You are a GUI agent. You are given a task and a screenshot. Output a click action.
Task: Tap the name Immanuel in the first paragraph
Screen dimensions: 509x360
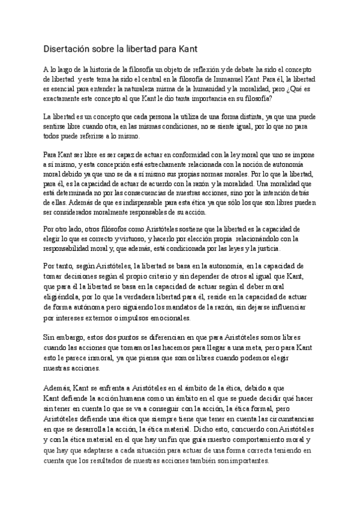click(x=226, y=79)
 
